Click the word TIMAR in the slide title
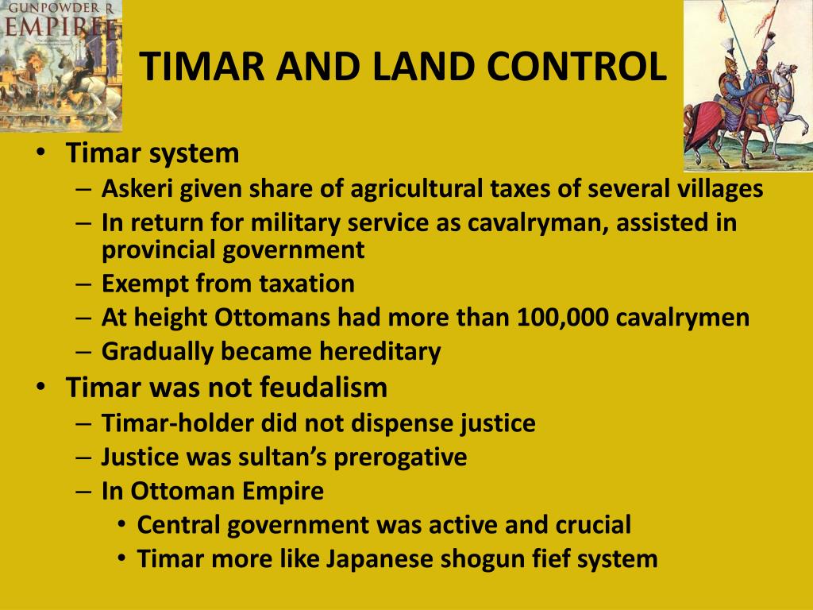201,67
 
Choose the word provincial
158,250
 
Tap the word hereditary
380,352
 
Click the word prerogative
400,457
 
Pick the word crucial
593,524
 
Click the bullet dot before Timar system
41,153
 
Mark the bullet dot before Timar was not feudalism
41,388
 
